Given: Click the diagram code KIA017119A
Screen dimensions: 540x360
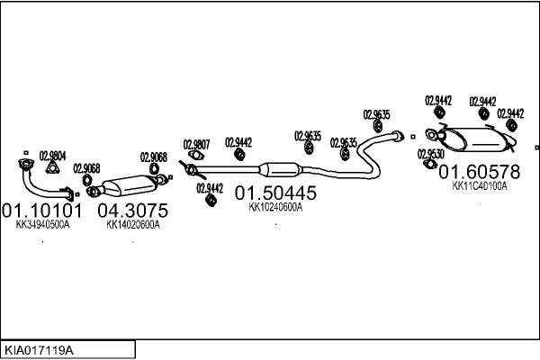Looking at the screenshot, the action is coord(39,351).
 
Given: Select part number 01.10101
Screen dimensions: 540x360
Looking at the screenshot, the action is coord(42,210).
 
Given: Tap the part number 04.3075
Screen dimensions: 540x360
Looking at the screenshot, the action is coord(133,210).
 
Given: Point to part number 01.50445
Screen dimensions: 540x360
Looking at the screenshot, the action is coord(275,193).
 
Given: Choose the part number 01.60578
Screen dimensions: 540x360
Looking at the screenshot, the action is coord(480,172).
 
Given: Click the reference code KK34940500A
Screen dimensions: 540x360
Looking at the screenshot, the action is coord(42,225).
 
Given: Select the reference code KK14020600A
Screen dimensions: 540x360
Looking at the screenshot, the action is coord(133,225).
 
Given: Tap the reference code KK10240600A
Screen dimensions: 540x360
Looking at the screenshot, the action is coord(275,207).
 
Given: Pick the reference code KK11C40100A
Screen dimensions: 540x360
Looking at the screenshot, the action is coord(480,186).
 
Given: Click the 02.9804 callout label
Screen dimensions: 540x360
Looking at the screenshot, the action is coord(52,156).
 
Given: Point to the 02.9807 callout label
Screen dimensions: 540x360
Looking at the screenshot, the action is coord(196,144).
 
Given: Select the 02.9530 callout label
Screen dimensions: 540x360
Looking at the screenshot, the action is coord(431,154).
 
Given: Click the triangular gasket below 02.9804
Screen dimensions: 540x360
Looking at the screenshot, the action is coord(52,167).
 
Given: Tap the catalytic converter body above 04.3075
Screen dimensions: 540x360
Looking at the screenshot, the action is coord(129,185).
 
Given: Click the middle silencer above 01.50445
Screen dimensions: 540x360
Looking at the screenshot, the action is coord(280,170).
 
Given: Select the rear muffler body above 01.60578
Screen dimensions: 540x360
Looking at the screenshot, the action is coord(478,139).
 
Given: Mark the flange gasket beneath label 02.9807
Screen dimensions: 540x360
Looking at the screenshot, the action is coord(196,156).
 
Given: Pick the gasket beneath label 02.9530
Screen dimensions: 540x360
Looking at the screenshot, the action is coord(429,164).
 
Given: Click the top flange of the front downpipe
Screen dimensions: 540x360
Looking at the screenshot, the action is coord(25,164).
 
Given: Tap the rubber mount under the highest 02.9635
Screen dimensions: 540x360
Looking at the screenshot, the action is coord(378,126).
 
